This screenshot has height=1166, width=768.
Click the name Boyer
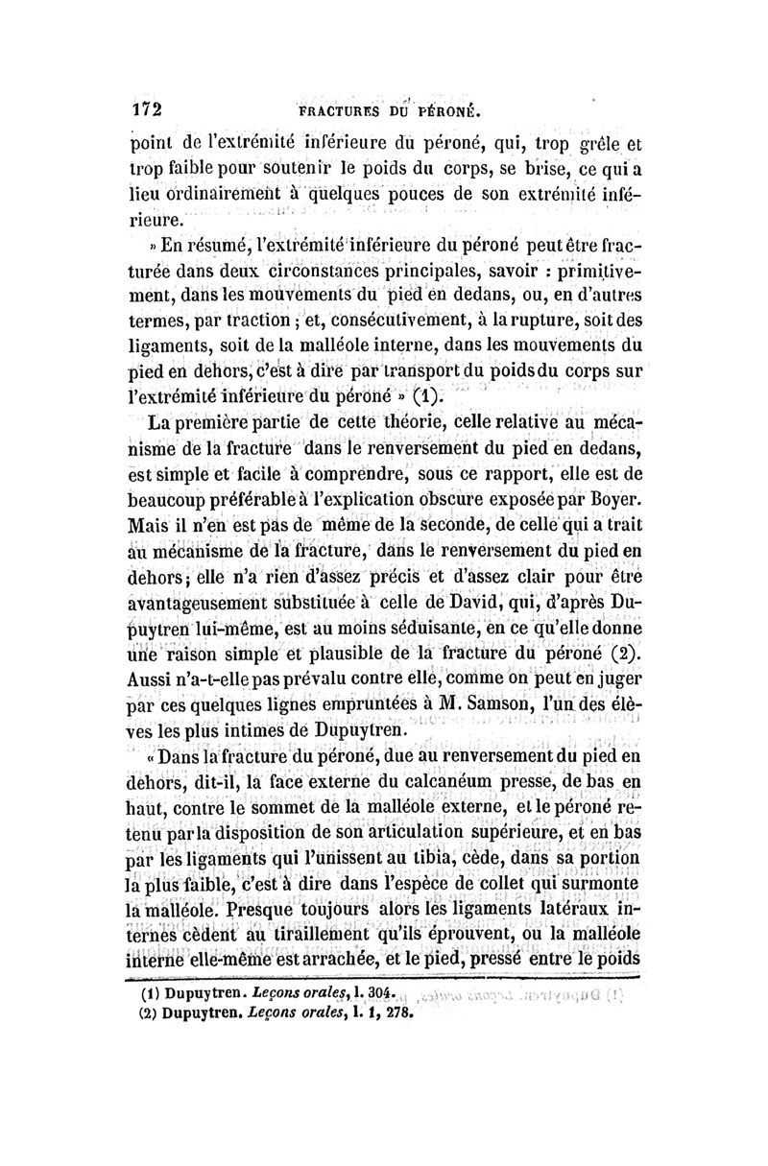(x=612, y=500)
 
